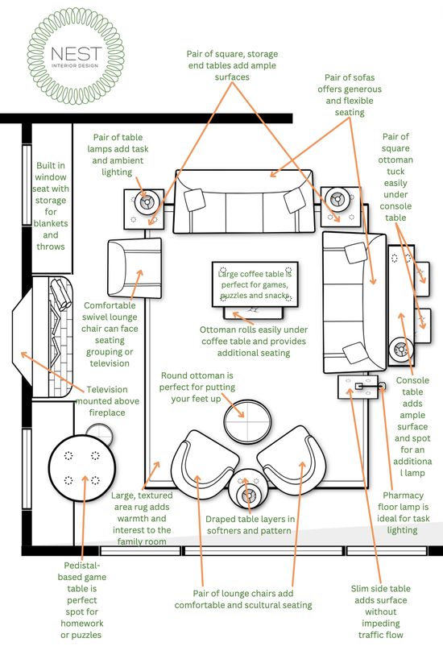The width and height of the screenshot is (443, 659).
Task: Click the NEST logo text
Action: click(76, 53)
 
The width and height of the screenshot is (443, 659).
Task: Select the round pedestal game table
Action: click(82, 469)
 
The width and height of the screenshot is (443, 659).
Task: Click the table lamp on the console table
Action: click(400, 349)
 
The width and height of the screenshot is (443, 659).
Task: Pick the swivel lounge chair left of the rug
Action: click(135, 268)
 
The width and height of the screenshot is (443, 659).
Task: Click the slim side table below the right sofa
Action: click(358, 387)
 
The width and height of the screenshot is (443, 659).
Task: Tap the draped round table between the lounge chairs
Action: click(248, 491)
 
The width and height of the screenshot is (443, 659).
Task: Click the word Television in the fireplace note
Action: click(107, 389)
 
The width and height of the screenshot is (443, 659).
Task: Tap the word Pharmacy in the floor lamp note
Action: click(403, 495)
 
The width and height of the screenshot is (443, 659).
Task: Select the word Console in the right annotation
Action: click(412, 380)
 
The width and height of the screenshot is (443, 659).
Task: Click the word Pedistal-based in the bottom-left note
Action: click(82, 571)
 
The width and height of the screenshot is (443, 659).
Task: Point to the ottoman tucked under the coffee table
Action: click(254, 313)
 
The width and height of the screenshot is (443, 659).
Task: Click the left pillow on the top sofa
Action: click(195, 199)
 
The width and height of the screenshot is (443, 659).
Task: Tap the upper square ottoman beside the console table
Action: click(421, 279)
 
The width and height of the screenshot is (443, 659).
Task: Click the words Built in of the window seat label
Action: click(51, 166)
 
